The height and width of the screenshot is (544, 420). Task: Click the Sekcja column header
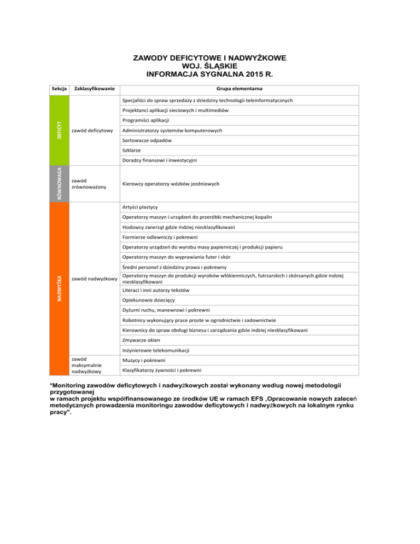click(x=58, y=88)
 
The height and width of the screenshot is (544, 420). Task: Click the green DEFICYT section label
click(x=59, y=130)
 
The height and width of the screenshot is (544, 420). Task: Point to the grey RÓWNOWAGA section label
click(x=59, y=183)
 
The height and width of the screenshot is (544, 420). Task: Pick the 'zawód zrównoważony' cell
click(x=91, y=183)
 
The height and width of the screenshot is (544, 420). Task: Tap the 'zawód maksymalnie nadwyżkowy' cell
click(x=91, y=365)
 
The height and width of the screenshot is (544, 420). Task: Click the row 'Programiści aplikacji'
click(x=146, y=120)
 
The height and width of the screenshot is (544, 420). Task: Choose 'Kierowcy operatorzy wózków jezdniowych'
click(x=171, y=184)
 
